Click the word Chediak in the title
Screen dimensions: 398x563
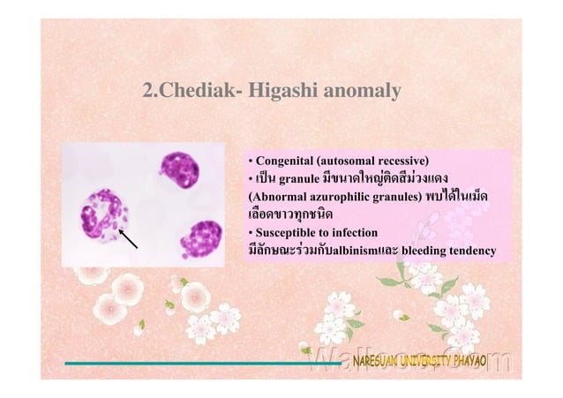coord(191,91)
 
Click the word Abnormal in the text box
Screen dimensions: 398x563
coord(280,197)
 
